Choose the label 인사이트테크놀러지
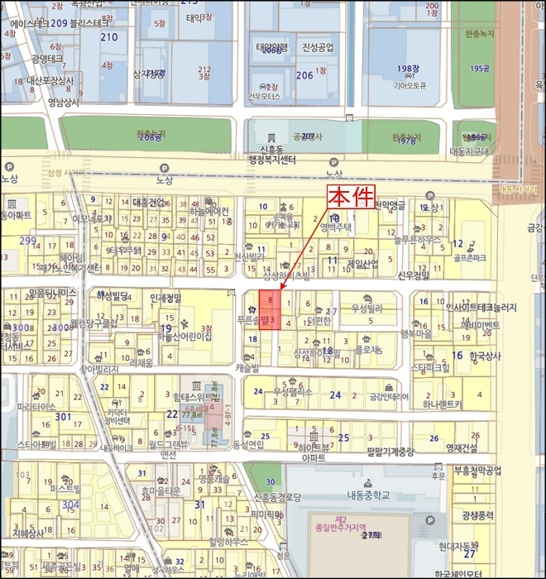[x=481, y=308]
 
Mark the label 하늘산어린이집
[x=184, y=336]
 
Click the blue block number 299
[x=28, y=241]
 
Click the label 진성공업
[x=318, y=47]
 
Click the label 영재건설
[x=462, y=449]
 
